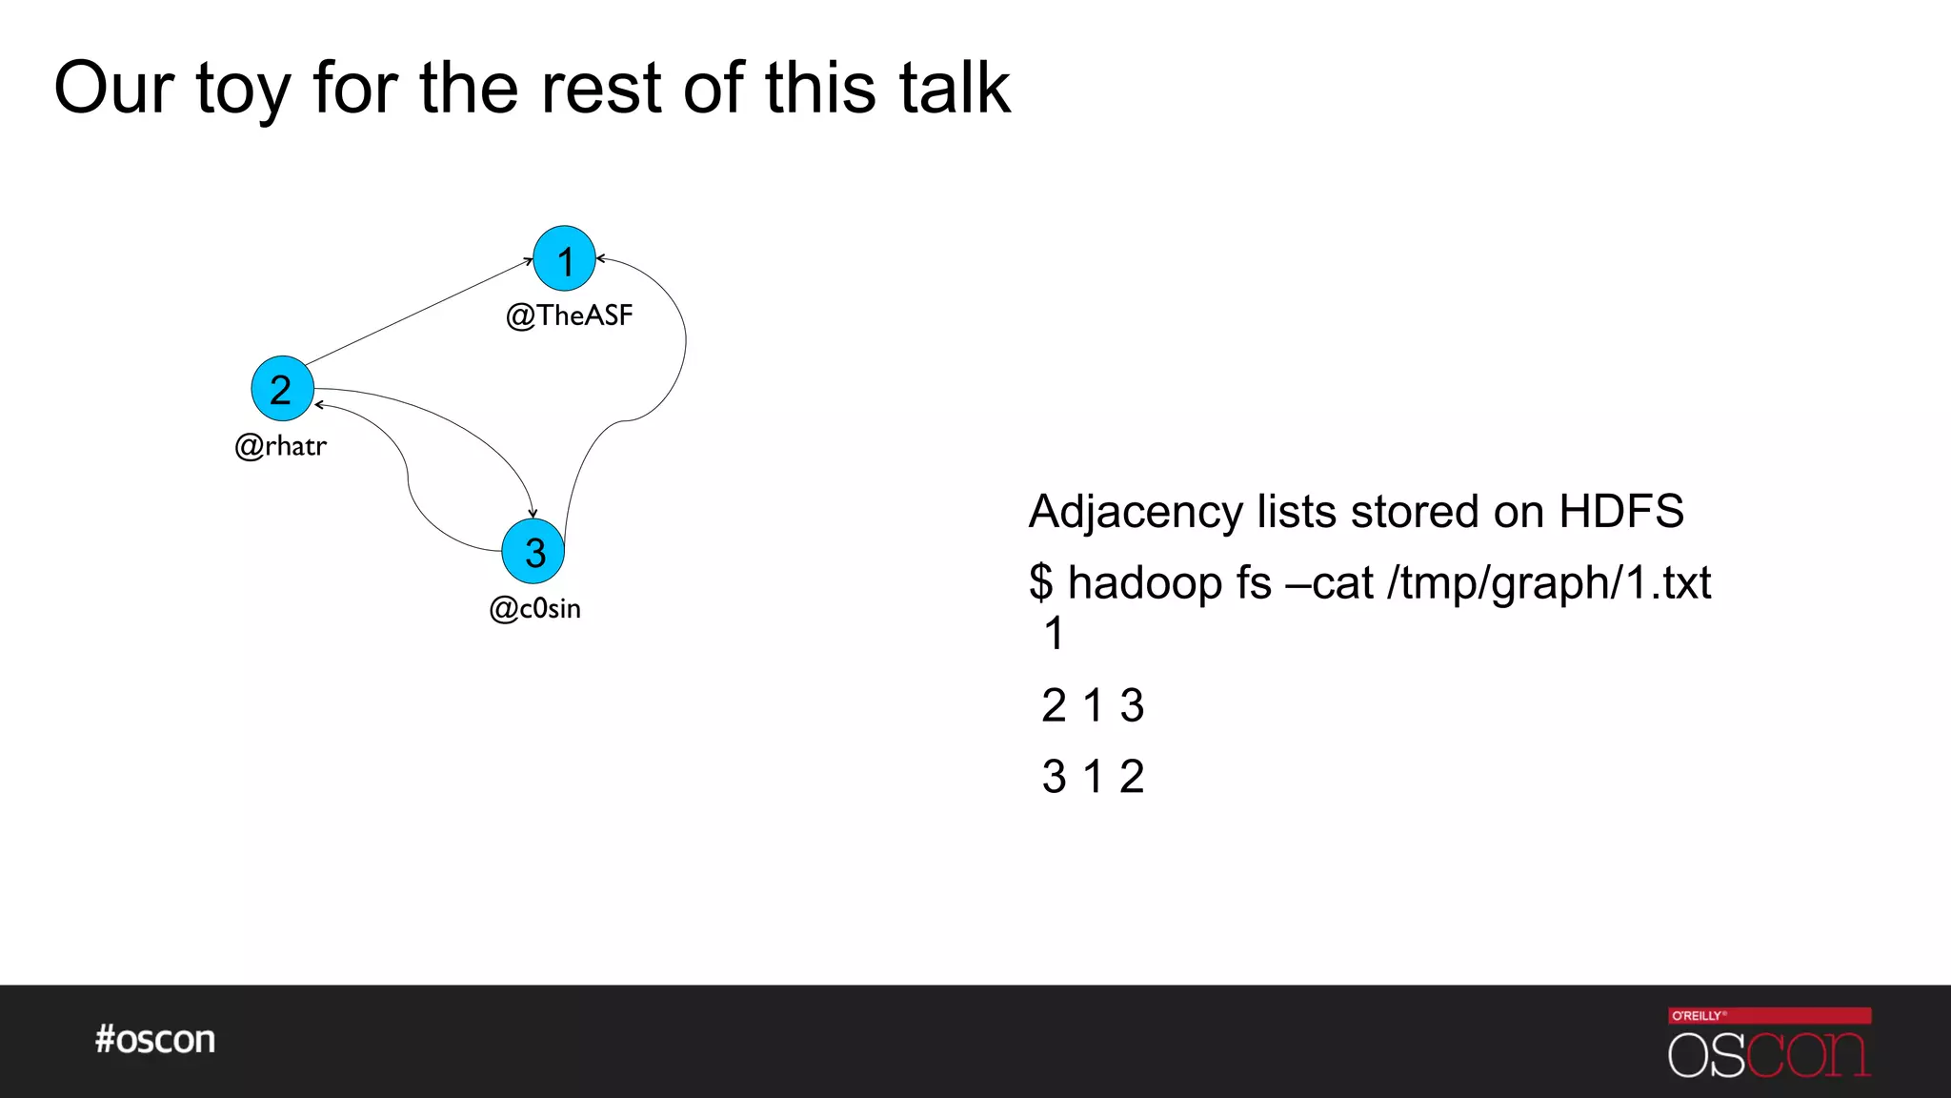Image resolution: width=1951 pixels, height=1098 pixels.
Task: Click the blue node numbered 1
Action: tap(564, 259)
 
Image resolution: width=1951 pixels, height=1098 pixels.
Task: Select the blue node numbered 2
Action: tap(282, 389)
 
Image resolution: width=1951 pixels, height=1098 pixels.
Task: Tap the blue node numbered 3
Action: tap(533, 551)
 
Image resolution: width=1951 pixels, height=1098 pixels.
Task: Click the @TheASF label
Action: tap(569, 315)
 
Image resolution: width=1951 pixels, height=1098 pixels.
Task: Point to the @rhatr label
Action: tap(281, 445)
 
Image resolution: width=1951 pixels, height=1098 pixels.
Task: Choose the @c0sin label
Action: tap(534, 608)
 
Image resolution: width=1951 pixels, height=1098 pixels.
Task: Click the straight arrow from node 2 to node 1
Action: tap(419, 311)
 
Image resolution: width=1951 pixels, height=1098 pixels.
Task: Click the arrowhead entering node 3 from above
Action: tap(533, 513)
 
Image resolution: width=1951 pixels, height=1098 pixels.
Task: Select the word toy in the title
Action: tap(242, 90)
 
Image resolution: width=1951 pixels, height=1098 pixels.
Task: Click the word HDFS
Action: tap(1620, 512)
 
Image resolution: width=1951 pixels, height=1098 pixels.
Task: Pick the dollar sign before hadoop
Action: tap(1040, 582)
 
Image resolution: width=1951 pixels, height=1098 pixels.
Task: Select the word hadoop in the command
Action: tap(1144, 583)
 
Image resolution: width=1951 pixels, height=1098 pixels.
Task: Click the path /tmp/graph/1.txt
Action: tap(1549, 583)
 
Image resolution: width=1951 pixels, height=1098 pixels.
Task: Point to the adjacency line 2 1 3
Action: tap(1093, 706)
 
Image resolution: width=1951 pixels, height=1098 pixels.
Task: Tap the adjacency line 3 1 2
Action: tap(1093, 777)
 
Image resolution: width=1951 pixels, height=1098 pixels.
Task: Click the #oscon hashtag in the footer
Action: tap(155, 1039)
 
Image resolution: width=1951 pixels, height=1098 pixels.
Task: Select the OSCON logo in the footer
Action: tap(1768, 1054)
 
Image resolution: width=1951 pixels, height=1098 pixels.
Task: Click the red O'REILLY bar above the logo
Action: tap(1769, 1015)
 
